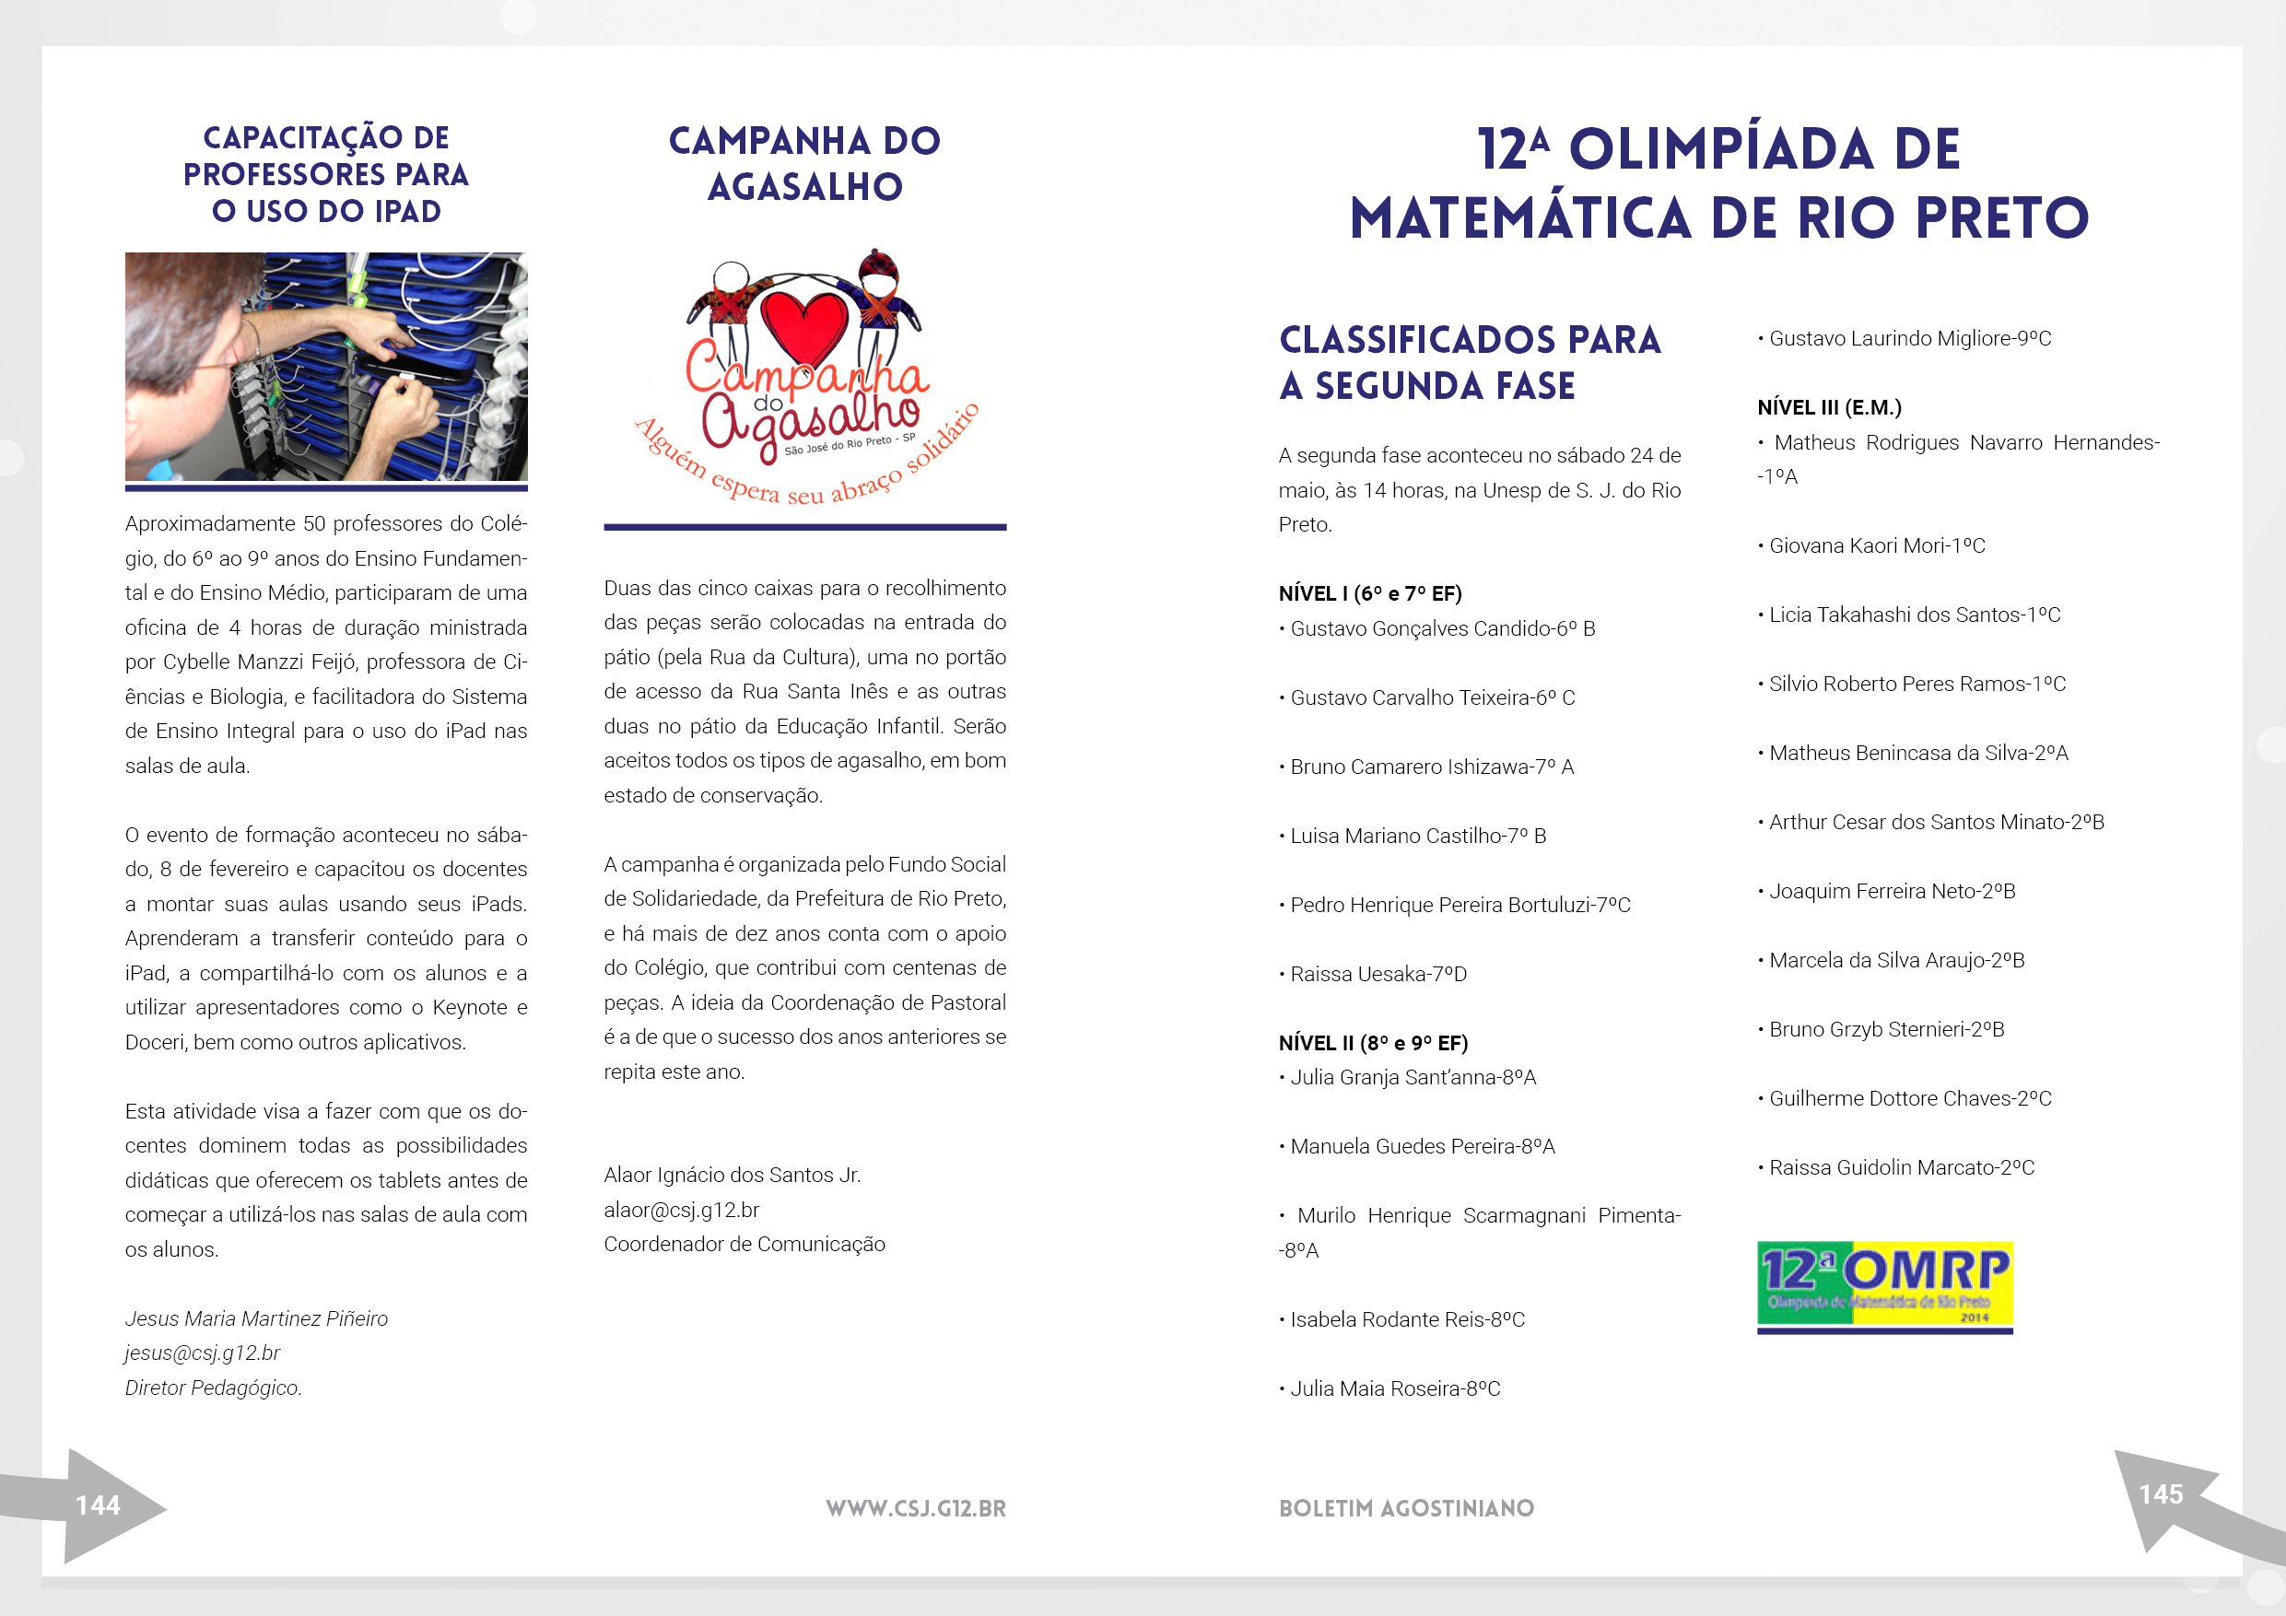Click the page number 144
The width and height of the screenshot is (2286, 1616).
[x=98, y=1505]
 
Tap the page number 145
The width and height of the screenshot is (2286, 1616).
[x=2160, y=1493]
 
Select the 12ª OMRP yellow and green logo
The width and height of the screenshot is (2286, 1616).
[x=1883, y=1283]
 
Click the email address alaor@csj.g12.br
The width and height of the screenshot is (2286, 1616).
[x=681, y=1210]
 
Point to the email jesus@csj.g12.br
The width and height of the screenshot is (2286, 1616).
[x=202, y=1353]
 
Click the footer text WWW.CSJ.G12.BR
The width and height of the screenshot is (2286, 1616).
[x=915, y=1507]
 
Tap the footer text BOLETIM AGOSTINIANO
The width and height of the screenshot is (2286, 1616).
[x=1406, y=1507]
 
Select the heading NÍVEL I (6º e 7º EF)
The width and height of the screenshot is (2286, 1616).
[x=1369, y=593]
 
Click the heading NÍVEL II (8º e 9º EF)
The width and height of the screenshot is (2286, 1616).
[x=1372, y=1043]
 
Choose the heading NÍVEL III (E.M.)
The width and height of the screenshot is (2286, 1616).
[x=1828, y=407]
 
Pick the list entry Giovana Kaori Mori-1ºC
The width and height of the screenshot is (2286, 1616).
[x=1876, y=545]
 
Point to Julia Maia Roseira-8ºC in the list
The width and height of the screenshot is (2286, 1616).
[x=1394, y=1388]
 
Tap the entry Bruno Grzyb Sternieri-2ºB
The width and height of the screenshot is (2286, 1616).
[x=1886, y=1029]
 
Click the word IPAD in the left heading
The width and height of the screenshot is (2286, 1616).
[x=407, y=211]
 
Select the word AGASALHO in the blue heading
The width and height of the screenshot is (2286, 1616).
[x=804, y=187]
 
